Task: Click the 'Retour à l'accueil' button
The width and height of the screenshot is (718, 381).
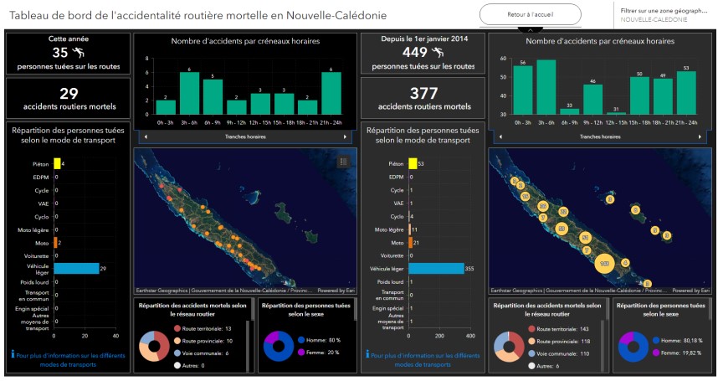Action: pos(530,14)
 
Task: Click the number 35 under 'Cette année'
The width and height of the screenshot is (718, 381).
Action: pos(59,53)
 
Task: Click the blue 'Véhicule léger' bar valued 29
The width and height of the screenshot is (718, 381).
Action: pos(76,268)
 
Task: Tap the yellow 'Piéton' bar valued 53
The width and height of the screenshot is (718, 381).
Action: pos(413,163)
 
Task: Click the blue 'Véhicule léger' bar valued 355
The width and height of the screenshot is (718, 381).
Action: pos(436,268)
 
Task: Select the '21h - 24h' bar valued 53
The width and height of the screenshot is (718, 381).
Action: pos(686,92)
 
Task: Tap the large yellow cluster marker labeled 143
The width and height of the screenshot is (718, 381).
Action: pos(606,263)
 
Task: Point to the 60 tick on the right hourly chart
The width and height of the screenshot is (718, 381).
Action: pos(502,59)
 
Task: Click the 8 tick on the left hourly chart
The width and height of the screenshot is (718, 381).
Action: pos(146,59)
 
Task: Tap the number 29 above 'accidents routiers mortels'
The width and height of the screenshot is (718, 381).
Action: pos(69,92)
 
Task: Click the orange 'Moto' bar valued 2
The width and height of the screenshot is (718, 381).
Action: pos(55,242)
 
